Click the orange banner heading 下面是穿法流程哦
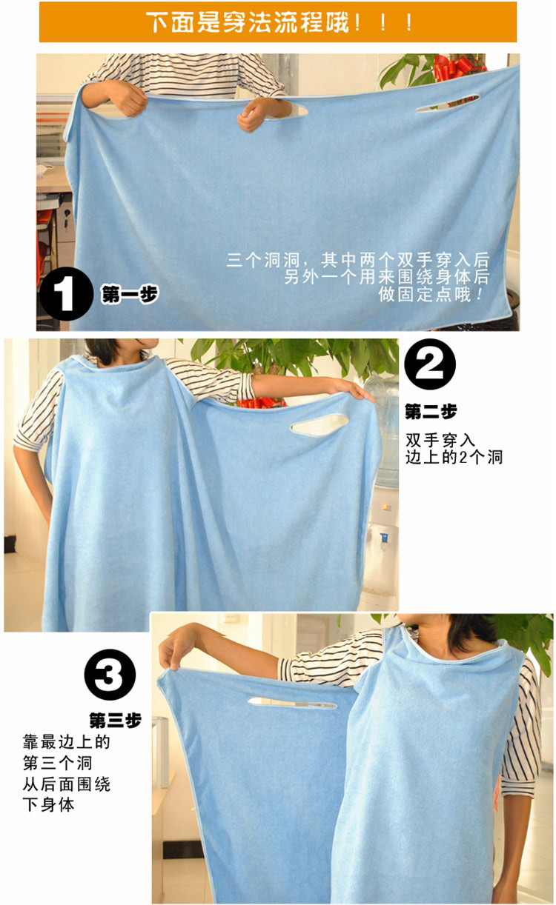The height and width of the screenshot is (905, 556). pos(278,22)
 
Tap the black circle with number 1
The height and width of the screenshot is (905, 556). pos(66,294)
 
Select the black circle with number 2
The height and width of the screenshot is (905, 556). pos(430,364)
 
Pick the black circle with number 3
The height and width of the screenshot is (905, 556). pos(110,675)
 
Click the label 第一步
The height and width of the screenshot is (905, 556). pos(130,294)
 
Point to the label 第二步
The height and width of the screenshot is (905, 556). pos(431,412)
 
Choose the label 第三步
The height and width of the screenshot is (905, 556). pos(115,721)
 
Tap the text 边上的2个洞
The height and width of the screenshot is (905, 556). pos(454,458)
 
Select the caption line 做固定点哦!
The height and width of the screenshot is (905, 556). pos(431,295)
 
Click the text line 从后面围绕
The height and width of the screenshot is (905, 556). pos(66,784)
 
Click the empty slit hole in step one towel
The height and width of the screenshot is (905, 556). pos(448,104)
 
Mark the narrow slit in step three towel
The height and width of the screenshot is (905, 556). pos(292,704)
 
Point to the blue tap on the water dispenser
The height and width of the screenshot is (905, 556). pos(384,538)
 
